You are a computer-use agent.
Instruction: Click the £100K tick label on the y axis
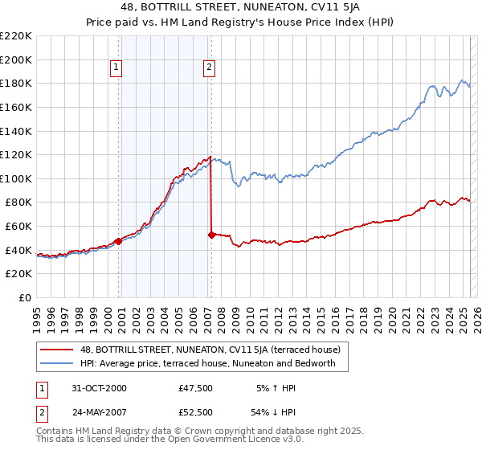click(x=16, y=178)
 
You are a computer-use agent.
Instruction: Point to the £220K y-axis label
click(x=16, y=36)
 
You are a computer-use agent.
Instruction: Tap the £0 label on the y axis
click(x=24, y=297)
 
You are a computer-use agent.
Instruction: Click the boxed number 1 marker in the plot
click(x=117, y=68)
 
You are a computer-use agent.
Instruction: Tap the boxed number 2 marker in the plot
click(x=209, y=68)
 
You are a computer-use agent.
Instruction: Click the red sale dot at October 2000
click(x=119, y=241)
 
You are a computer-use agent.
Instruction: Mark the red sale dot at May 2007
click(x=211, y=235)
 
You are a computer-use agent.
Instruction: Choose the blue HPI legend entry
click(x=213, y=364)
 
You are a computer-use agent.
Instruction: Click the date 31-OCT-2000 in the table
click(x=99, y=388)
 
